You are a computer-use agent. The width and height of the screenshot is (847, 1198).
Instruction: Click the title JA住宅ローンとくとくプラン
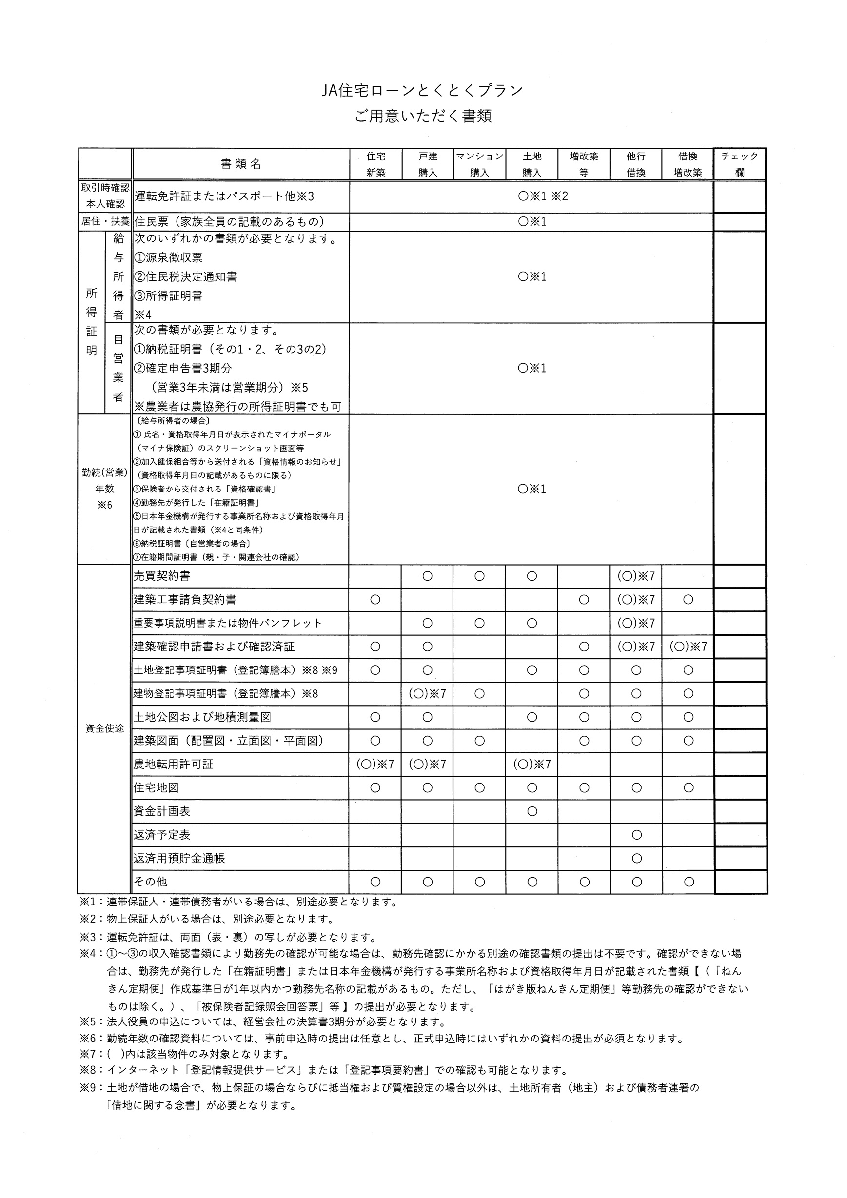[423, 91]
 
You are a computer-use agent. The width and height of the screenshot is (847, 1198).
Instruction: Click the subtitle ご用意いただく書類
[423, 116]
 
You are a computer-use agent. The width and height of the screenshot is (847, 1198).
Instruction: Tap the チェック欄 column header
[740, 164]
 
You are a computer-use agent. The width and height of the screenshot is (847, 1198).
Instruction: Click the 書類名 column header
[240, 164]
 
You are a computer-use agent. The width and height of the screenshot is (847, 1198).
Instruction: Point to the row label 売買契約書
[162, 576]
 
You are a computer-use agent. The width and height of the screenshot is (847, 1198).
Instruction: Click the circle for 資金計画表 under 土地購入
[532, 811]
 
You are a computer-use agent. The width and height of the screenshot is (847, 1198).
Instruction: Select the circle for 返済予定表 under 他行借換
[636, 835]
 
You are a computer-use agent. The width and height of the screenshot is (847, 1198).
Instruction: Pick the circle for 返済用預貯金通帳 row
[636, 858]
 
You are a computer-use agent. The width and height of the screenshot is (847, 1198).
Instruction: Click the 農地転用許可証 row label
[174, 765]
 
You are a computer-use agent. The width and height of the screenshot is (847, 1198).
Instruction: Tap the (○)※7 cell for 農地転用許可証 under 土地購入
[532, 765]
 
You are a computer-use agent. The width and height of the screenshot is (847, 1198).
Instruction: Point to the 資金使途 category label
[104, 728]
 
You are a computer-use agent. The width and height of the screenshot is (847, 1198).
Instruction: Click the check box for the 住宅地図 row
[741, 788]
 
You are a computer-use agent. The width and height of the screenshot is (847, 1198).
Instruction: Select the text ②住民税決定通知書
[186, 276]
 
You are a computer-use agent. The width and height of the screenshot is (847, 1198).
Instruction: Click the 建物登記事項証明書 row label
[225, 693]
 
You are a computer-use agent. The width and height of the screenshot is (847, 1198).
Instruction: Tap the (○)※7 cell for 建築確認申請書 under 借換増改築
[689, 647]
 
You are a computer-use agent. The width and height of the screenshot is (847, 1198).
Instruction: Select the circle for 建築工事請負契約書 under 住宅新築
[375, 600]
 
